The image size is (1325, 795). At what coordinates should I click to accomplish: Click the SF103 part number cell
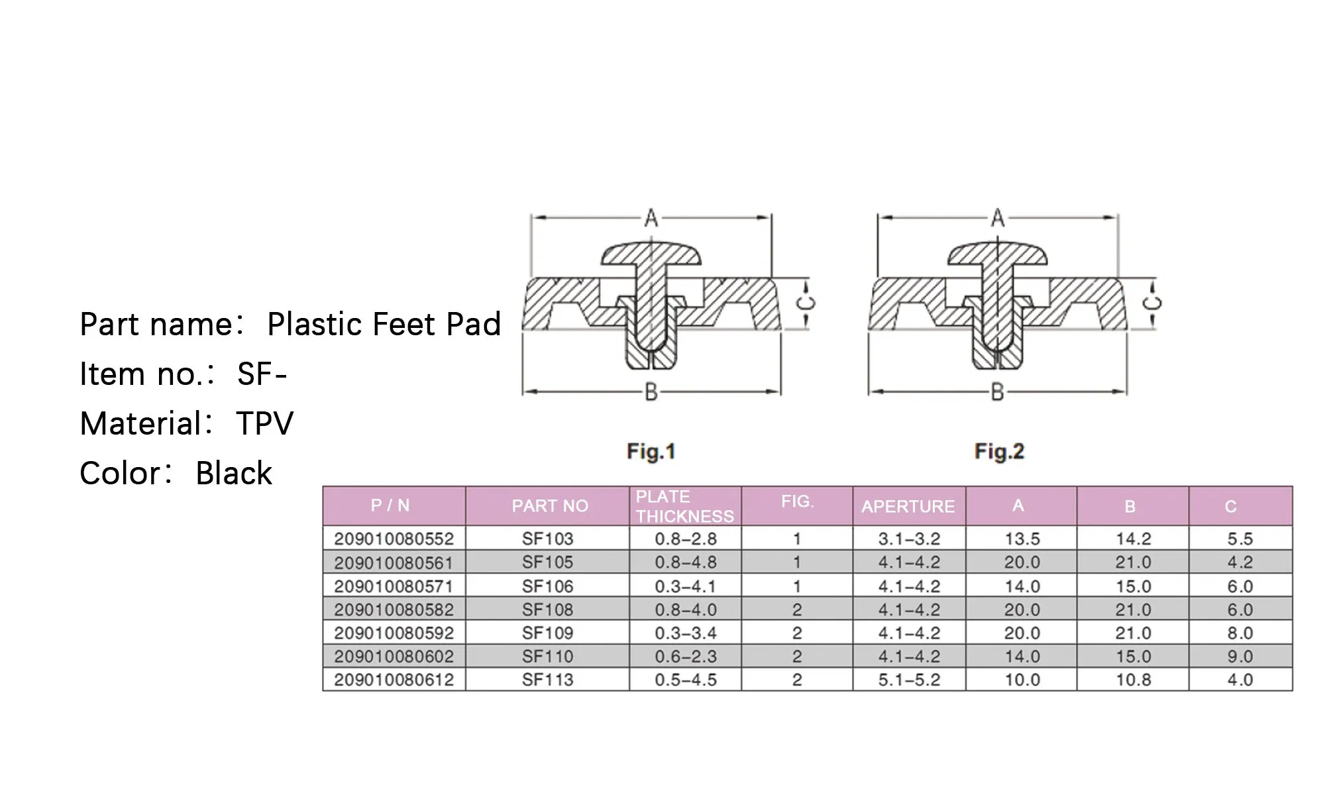(x=547, y=539)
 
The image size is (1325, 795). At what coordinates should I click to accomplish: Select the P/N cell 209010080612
(x=394, y=680)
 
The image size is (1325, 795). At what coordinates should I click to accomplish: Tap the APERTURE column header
(x=908, y=507)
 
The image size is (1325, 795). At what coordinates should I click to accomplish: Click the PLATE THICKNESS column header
(x=685, y=506)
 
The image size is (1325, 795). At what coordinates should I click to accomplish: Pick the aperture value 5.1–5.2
(x=909, y=680)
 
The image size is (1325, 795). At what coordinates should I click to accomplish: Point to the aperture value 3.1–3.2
(x=909, y=539)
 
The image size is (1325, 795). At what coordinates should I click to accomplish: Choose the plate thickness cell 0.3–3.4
(x=686, y=633)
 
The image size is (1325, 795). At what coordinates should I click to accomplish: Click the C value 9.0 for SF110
(x=1240, y=657)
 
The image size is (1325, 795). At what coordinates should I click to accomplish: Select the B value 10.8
(x=1133, y=680)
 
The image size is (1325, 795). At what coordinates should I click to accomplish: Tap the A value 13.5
(x=1022, y=539)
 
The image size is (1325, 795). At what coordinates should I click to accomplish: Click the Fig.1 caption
(x=651, y=452)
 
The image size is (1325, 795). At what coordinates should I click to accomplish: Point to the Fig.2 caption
(x=999, y=452)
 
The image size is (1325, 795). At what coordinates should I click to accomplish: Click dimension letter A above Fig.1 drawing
(x=651, y=217)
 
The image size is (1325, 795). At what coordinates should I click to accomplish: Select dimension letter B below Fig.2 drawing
(x=997, y=392)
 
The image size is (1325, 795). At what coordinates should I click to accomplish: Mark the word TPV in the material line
(x=264, y=423)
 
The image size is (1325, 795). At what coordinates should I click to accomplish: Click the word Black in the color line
(x=234, y=473)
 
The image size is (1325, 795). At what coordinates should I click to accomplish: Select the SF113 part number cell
(x=547, y=680)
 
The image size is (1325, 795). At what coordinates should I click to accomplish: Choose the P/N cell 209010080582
(x=394, y=609)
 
